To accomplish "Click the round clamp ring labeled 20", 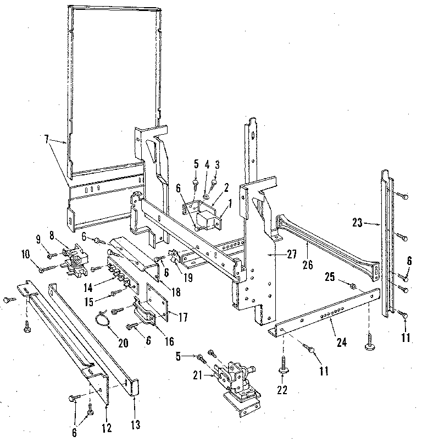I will tap(103, 318).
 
